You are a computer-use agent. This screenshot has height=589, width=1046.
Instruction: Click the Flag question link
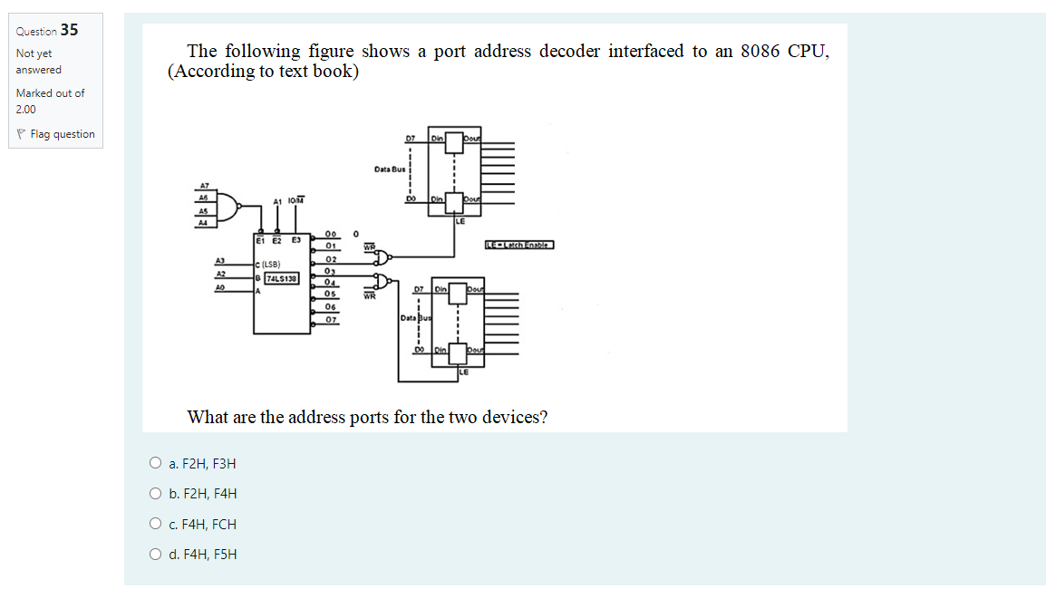point(62,134)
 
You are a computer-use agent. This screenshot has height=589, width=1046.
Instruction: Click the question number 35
point(69,30)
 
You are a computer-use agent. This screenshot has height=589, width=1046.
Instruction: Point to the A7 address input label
point(204,185)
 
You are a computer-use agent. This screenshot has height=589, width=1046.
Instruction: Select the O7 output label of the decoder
point(331,319)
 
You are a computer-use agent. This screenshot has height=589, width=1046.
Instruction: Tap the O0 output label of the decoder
point(331,233)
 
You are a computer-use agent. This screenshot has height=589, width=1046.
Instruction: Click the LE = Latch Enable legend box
point(518,245)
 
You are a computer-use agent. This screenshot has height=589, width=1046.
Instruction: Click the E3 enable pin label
point(295,241)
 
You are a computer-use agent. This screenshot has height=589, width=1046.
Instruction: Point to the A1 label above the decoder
point(277,202)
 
